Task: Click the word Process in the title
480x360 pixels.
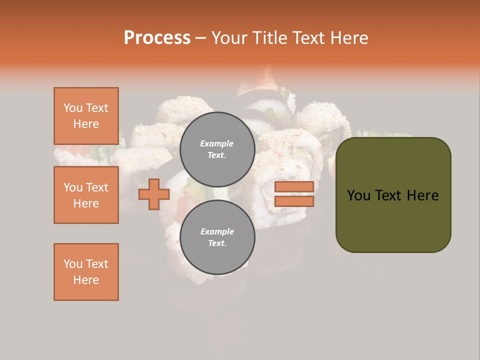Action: click(x=157, y=37)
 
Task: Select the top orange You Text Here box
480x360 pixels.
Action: click(x=86, y=116)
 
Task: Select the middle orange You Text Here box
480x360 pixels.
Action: click(x=86, y=195)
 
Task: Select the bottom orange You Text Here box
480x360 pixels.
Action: click(x=86, y=272)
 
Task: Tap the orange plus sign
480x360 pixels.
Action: click(x=154, y=194)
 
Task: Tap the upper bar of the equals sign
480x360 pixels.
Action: click(x=294, y=186)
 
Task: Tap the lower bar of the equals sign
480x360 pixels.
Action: click(x=294, y=201)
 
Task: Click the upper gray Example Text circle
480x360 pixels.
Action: click(x=217, y=149)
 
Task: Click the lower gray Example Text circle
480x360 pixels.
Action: click(x=217, y=237)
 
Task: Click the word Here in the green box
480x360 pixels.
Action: click(x=422, y=195)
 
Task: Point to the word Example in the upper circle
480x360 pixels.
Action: click(x=217, y=143)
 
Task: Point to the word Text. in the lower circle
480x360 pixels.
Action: click(x=217, y=243)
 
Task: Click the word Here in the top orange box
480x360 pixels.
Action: click(x=86, y=124)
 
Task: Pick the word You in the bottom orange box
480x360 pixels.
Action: click(x=73, y=264)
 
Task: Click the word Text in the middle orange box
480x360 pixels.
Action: click(x=97, y=187)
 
